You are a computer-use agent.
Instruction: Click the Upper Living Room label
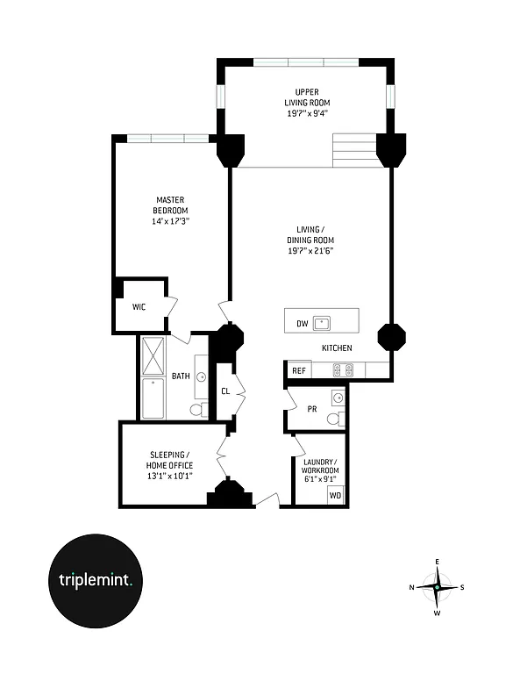tap(305, 97)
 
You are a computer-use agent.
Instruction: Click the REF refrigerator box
tap(298, 371)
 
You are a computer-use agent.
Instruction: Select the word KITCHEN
tap(337, 348)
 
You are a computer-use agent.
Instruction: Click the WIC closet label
tap(139, 307)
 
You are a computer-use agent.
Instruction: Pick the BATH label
tap(181, 376)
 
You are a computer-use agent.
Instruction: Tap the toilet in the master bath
tap(197, 410)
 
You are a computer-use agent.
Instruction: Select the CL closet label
tap(225, 391)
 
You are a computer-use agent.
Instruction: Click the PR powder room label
tap(311, 408)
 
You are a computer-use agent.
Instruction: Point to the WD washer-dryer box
tap(335, 496)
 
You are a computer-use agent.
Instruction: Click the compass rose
tap(436, 587)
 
